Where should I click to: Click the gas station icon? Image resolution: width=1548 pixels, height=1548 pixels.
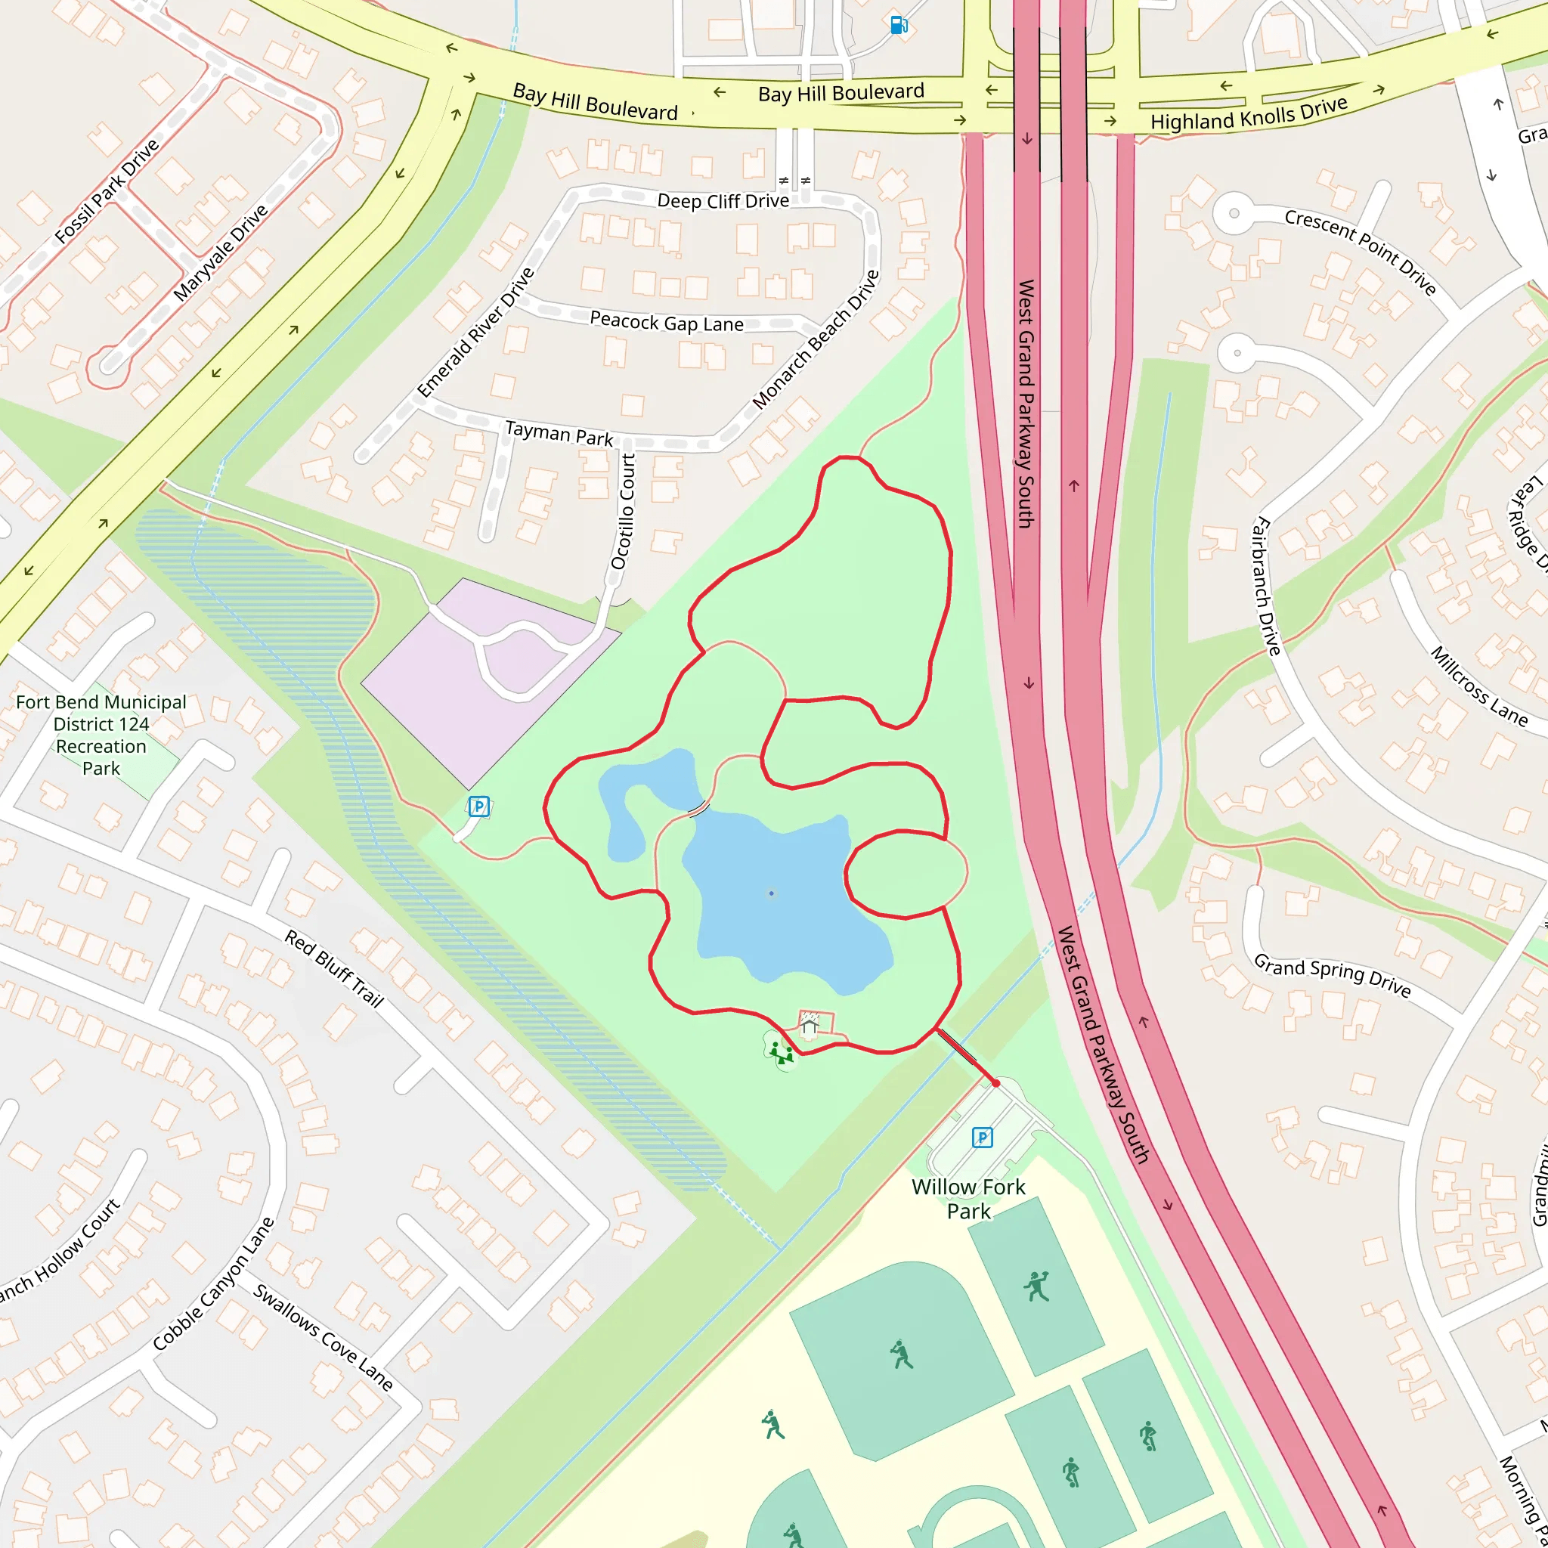898,26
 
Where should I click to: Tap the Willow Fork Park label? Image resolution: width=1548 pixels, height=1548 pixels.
968,1199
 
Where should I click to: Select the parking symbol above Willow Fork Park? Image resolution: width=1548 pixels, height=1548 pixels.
983,1137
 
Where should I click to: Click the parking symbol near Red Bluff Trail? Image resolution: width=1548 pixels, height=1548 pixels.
478,806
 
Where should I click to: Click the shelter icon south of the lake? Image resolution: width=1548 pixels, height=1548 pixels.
810,1026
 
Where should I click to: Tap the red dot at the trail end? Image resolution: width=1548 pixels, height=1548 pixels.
996,1083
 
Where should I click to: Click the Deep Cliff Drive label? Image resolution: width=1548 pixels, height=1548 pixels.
723,200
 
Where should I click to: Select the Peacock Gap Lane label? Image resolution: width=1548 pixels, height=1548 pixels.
667,322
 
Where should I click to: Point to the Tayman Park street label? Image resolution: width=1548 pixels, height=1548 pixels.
559,435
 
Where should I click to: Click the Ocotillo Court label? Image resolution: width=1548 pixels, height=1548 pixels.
624,512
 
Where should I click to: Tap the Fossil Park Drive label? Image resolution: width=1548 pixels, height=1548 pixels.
107,190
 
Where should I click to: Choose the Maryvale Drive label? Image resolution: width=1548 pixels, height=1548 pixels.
221,252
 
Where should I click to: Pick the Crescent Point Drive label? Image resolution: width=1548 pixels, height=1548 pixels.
1360,252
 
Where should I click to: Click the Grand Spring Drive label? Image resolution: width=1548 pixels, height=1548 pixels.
1332,974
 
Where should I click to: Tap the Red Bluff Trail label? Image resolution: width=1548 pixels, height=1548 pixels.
334,968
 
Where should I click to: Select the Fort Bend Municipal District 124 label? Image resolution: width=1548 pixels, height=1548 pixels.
101,735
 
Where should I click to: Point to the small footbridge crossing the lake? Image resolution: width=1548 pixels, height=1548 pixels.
698,810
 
